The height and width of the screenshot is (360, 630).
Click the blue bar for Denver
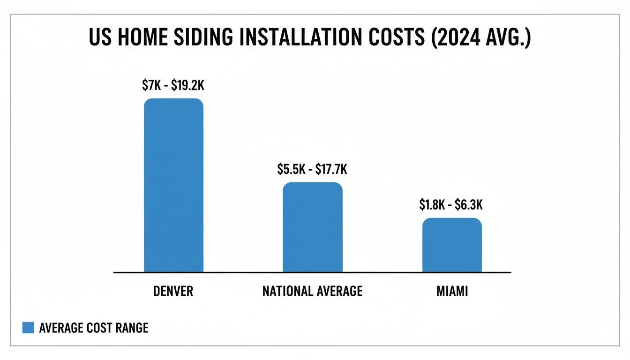click(x=173, y=185)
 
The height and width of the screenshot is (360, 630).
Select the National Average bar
click(x=313, y=227)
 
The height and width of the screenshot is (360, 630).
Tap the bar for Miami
click(x=452, y=245)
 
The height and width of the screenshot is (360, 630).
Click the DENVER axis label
click(x=173, y=291)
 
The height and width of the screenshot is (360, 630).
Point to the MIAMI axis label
click(x=452, y=291)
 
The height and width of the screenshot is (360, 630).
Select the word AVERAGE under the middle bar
click(x=341, y=291)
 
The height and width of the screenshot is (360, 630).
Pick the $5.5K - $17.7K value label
click(x=312, y=169)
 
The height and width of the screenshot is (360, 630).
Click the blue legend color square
click(x=28, y=328)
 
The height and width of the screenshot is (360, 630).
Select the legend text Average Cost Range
click(x=94, y=328)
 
